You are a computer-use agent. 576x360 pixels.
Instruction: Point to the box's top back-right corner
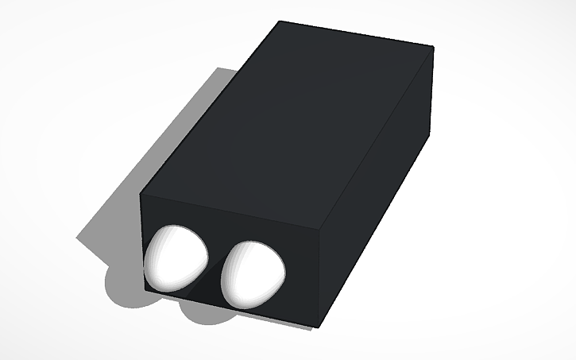tap(433, 47)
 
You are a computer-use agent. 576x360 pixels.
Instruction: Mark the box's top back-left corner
tap(279, 21)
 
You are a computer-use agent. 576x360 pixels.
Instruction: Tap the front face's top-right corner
tap(327, 224)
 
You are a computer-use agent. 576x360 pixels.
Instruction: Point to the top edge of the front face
tap(234, 208)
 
